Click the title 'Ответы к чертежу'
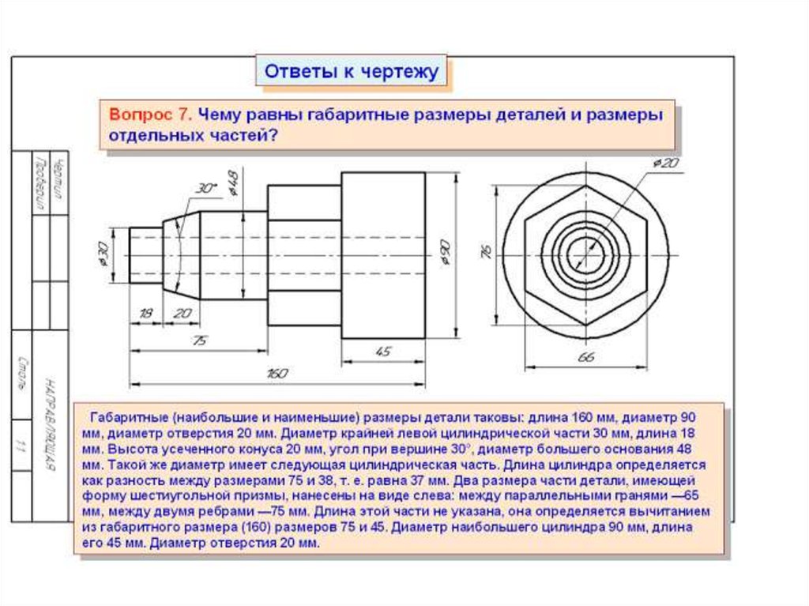(x=350, y=72)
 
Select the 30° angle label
(x=205, y=189)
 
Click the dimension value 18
(x=145, y=313)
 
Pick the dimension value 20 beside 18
(x=182, y=313)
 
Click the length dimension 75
(x=199, y=341)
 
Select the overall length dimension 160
(x=277, y=375)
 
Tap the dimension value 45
(x=382, y=352)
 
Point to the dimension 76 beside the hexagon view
(x=485, y=253)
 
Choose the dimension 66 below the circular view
(x=585, y=358)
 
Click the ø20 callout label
(x=665, y=163)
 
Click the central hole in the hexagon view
(x=585, y=253)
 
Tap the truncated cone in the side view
(x=182, y=253)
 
